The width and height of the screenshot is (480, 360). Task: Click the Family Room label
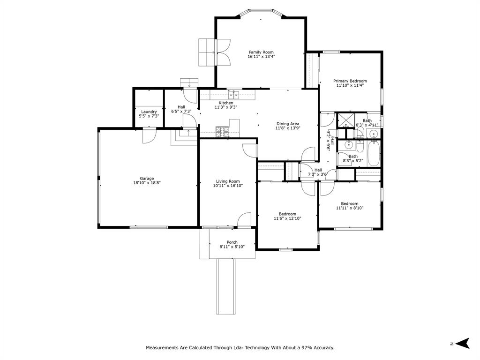[261, 52]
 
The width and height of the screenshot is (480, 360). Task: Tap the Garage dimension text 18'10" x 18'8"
[147, 183]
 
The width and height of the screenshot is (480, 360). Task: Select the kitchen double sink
[234, 95]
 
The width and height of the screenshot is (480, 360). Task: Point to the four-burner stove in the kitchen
[222, 132]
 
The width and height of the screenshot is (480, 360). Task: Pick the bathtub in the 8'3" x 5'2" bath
[374, 154]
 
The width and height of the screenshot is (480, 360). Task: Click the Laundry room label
[149, 112]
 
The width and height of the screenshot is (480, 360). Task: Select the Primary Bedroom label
[350, 81]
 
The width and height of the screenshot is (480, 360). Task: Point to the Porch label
[232, 242]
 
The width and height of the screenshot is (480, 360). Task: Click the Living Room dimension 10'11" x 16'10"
[228, 186]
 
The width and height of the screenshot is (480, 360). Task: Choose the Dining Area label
[288, 124]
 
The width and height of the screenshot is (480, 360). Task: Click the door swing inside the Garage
[149, 136]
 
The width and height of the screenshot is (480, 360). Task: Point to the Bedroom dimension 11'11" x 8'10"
[350, 208]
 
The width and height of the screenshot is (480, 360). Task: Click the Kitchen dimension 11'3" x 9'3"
[225, 107]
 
